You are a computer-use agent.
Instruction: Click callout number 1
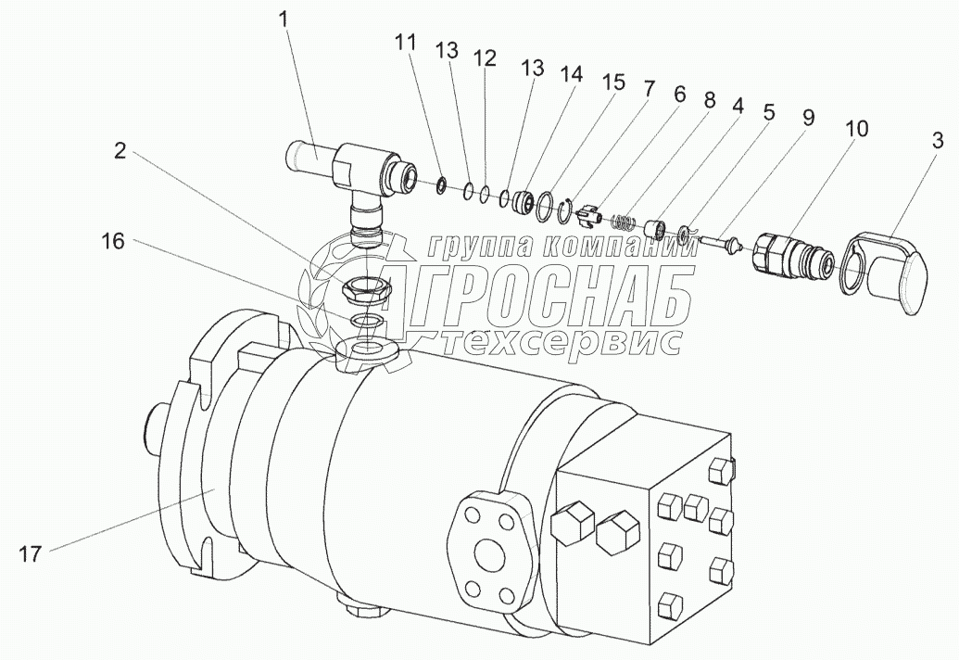[284, 20]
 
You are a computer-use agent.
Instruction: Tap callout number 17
[30, 554]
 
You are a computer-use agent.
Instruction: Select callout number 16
[113, 242]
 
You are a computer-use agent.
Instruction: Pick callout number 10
[857, 129]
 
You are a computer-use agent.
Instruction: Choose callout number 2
[120, 150]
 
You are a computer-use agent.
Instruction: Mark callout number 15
[612, 82]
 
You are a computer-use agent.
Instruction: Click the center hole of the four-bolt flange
[490, 554]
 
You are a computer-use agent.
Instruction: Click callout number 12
[485, 58]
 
